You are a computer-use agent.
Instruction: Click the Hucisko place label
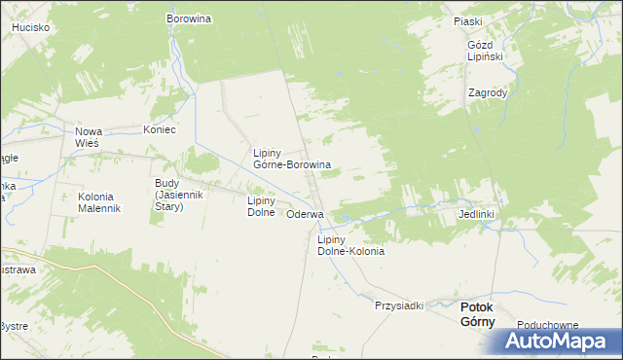point(31,28)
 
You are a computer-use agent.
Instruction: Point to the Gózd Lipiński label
point(484,51)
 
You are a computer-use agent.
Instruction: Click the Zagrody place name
point(487,93)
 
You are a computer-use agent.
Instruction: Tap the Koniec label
point(159,129)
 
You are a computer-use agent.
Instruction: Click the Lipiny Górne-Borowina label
point(291,159)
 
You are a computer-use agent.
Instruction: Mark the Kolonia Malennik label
point(98,202)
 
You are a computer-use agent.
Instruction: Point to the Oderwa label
point(305,214)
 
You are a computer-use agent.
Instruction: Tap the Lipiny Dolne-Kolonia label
point(350,245)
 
